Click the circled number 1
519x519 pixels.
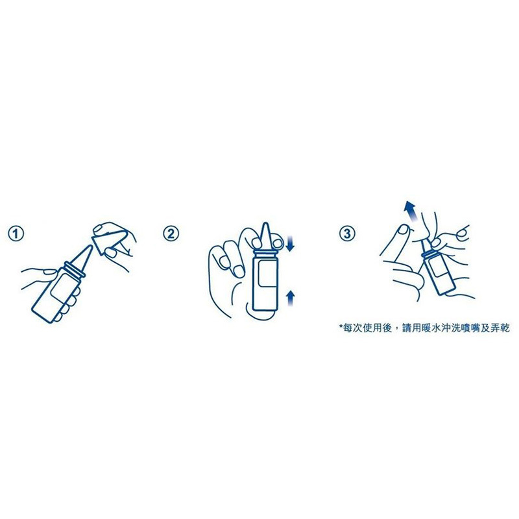pos(16,234)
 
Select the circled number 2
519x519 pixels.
pos(171,234)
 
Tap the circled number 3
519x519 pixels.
pos(347,234)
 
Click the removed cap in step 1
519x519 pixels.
pos(105,242)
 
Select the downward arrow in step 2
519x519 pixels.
pos(290,244)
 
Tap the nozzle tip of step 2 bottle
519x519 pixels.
pos(266,224)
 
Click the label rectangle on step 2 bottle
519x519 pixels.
pos(269,273)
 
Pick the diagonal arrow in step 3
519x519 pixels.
pos(411,210)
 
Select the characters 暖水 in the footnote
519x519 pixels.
pos(432,328)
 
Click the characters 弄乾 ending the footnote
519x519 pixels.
pos(500,328)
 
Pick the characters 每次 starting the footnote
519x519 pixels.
pos(353,328)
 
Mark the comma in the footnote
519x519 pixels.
pos(397,331)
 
